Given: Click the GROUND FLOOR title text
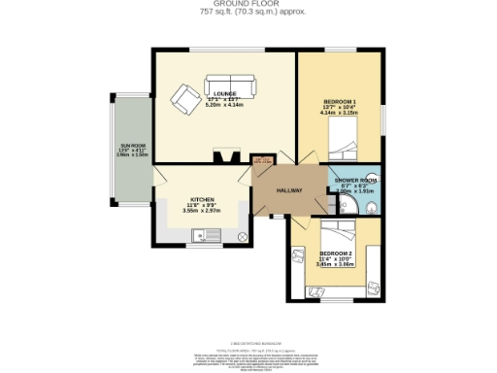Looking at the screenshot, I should click(x=248, y=4).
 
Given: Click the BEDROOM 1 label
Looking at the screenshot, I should click(x=340, y=102).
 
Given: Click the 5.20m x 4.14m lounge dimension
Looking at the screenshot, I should click(x=225, y=105).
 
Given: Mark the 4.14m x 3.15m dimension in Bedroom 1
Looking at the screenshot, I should click(x=340, y=114).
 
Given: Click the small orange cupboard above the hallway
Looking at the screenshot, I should click(x=262, y=161).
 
